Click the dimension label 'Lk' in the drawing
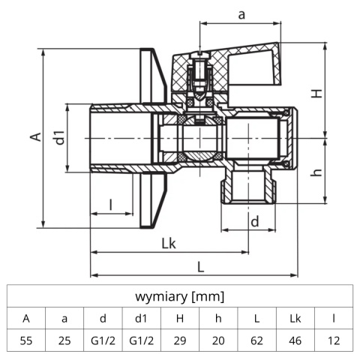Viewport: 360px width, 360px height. (169, 244)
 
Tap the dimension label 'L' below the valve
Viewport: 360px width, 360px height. (200, 265)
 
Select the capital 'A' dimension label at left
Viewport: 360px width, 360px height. (33, 136)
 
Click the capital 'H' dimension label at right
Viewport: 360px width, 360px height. (317, 94)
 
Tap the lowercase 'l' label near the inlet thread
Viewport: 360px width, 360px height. (110, 203)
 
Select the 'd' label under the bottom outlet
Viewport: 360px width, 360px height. (254, 221)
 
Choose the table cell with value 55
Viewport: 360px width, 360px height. (26, 340)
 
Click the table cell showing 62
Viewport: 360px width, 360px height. (256, 340)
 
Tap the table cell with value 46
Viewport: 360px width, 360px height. (295, 340)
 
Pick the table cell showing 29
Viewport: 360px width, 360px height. (179, 340)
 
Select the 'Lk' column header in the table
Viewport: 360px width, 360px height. (295, 318)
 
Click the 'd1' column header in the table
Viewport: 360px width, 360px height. (141, 318)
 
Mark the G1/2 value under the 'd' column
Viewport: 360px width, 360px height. (103, 340)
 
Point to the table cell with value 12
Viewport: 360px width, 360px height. (333, 340)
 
